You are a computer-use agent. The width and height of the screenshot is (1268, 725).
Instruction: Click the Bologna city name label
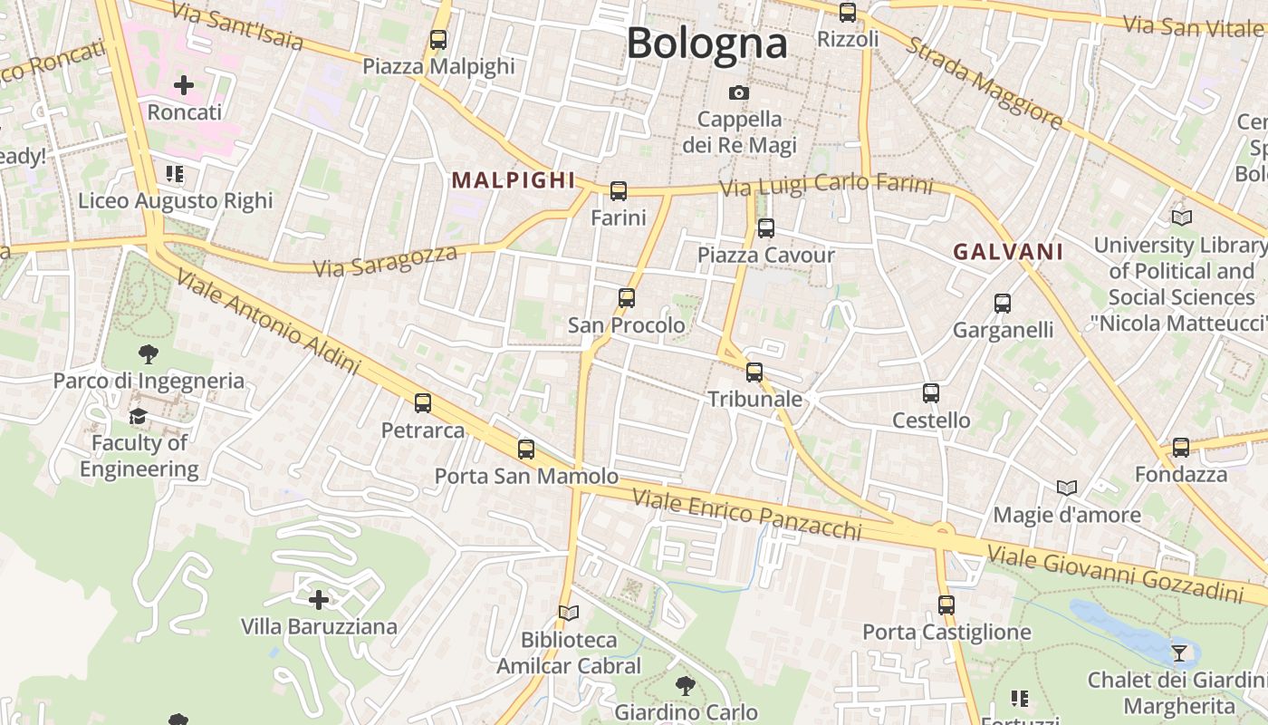[x=706, y=43]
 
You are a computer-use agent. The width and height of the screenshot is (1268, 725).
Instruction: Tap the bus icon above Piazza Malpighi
[x=438, y=40]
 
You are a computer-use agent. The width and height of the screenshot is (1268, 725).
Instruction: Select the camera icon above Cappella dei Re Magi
[x=739, y=92]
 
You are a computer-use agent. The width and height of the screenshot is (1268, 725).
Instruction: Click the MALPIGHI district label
[x=514, y=180]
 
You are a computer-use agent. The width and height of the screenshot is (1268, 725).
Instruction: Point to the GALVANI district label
[x=1008, y=252]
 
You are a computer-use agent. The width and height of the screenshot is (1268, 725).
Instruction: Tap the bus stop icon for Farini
[x=619, y=191]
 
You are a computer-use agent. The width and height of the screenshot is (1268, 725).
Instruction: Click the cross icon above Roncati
[x=184, y=86]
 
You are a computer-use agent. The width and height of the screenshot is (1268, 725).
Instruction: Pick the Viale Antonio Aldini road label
[x=268, y=322]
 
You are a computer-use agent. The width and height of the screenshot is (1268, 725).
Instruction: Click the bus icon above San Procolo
[x=626, y=298]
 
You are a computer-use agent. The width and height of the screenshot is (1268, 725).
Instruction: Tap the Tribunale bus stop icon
[x=754, y=372]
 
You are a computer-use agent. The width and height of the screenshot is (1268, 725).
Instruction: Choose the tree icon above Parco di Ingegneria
[x=149, y=354]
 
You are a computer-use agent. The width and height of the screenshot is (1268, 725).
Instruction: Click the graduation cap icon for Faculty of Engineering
[x=138, y=416]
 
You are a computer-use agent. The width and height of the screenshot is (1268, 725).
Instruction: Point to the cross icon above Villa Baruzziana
[x=319, y=600]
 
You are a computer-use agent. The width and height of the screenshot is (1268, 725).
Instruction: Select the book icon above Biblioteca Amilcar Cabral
[x=568, y=614]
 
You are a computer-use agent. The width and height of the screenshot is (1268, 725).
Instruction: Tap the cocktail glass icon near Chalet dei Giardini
[x=1179, y=652]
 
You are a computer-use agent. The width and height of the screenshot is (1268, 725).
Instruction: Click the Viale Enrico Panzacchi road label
[x=746, y=514]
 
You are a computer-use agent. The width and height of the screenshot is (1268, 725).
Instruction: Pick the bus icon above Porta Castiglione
[x=946, y=605]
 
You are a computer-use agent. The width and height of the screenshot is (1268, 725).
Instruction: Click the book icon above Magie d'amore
[x=1067, y=488]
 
